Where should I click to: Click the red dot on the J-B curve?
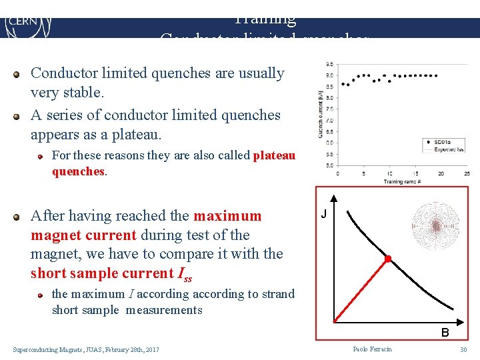[x=387, y=258]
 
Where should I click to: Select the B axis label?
[x=444, y=332]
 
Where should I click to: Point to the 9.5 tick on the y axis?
[x=330, y=64]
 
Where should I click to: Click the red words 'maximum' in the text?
[x=227, y=216]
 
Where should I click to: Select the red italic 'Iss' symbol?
[x=184, y=274]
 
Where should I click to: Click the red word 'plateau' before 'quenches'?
[x=274, y=155]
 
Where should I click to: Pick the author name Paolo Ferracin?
[x=373, y=349]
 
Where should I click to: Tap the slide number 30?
[x=463, y=349]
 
